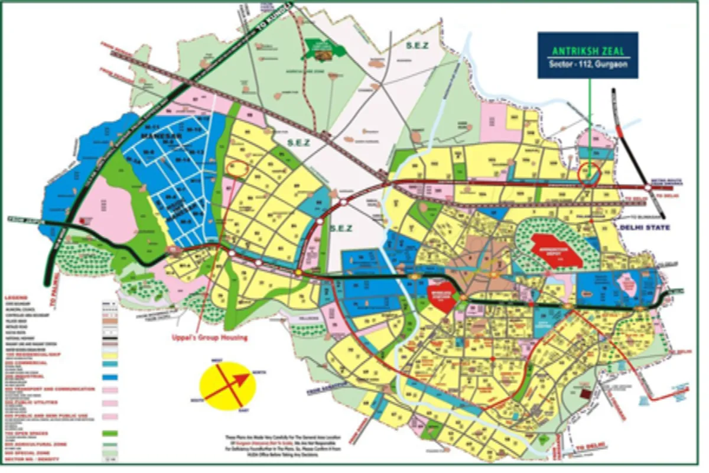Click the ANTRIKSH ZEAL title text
[587, 51]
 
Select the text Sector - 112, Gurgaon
[587, 64]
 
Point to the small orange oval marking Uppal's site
[238, 167]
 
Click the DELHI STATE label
[644, 227]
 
